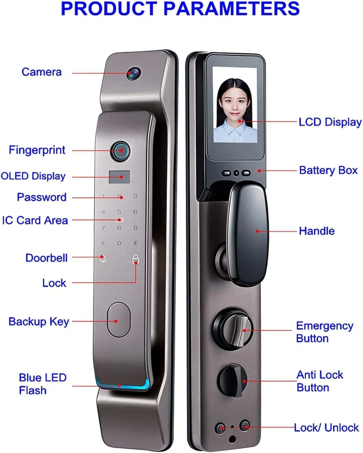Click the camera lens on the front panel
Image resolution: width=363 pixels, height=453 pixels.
click(x=134, y=73)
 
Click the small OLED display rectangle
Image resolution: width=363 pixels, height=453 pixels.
click(x=119, y=177)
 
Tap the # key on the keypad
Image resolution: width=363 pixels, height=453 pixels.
click(x=135, y=243)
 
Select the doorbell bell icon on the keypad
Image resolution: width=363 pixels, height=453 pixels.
click(x=103, y=259)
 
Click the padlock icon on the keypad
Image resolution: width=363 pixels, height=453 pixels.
click(x=135, y=259)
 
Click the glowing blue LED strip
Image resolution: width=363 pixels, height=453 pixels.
click(x=123, y=386)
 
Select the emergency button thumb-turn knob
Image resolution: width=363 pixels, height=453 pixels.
click(x=233, y=330)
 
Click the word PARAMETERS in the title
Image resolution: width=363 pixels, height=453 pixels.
click(x=231, y=8)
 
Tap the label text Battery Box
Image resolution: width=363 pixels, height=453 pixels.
click(x=328, y=170)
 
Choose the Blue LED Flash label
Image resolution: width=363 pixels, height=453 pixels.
click(x=43, y=384)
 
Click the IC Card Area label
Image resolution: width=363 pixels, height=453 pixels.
click(x=35, y=220)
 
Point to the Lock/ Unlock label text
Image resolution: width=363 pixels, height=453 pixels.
click(x=326, y=428)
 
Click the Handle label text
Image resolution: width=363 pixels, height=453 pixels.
click(x=317, y=231)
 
